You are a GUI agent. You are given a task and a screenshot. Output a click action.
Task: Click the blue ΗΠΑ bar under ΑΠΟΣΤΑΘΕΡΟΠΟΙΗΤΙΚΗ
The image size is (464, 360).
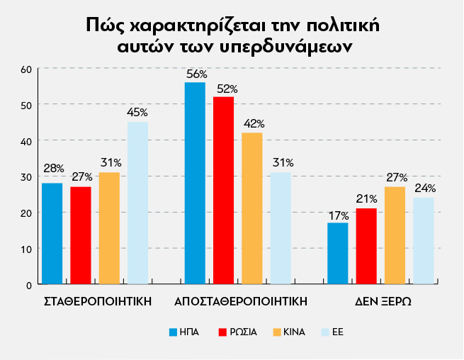tap(195, 184)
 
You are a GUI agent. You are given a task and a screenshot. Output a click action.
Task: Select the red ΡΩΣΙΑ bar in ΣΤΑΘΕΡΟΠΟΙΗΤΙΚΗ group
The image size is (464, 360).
tap(81, 235)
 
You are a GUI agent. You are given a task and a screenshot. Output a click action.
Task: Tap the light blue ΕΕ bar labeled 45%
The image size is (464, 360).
tap(138, 203)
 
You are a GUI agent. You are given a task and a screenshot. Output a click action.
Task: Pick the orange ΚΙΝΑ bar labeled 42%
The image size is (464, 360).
tap(252, 208)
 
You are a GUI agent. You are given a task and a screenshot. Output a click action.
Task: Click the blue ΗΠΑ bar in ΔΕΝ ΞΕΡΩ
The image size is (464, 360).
tap(338, 254)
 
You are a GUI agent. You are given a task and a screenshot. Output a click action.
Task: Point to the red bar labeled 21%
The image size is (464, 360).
tap(366, 246)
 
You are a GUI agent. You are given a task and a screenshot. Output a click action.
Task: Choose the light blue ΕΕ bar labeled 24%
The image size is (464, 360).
tap(424, 241)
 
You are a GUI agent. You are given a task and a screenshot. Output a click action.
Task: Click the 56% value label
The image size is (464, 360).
tap(196, 74)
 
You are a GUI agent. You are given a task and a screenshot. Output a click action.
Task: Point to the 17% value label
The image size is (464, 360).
tap(338, 215)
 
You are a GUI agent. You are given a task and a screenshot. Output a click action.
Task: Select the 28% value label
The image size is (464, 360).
tap(53, 169)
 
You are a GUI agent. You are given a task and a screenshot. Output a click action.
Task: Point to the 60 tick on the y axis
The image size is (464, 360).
tap(27, 69)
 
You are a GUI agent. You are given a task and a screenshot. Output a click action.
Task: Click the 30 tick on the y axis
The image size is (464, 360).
tap(27, 177)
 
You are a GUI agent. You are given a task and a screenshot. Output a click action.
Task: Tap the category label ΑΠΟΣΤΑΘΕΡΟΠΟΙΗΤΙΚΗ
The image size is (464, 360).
tap(241, 300)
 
